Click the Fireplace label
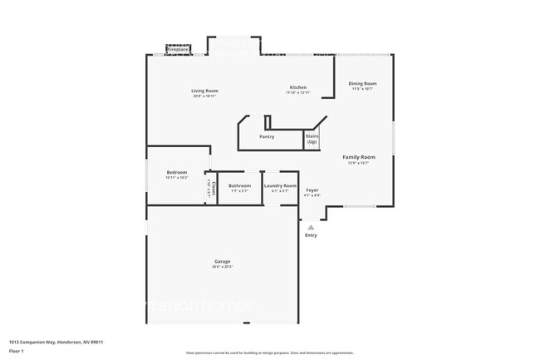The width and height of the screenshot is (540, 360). click(x=178, y=50)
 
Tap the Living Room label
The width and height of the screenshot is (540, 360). click(x=204, y=90)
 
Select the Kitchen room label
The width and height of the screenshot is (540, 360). click(x=298, y=87)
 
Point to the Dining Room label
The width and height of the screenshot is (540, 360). click(x=362, y=83)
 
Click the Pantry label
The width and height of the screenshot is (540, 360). click(x=267, y=136)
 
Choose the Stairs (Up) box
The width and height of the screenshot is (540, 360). click(x=312, y=139)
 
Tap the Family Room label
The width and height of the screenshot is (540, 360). click(x=359, y=157)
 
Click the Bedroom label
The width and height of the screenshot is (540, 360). click(x=176, y=172)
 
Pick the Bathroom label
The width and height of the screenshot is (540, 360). click(x=240, y=185)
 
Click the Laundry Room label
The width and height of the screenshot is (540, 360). click(x=279, y=185)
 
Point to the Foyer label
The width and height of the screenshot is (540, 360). click(x=312, y=190)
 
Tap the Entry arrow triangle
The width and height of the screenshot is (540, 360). click(x=311, y=226)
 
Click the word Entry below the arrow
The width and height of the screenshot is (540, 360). click(x=311, y=235)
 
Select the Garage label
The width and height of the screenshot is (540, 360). click(x=222, y=261)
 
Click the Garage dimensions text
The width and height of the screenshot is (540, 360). click(x=222, y=267)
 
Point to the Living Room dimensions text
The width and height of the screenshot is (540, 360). click(x=204, y=96)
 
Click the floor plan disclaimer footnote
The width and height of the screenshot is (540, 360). click(x=269, y=353)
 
